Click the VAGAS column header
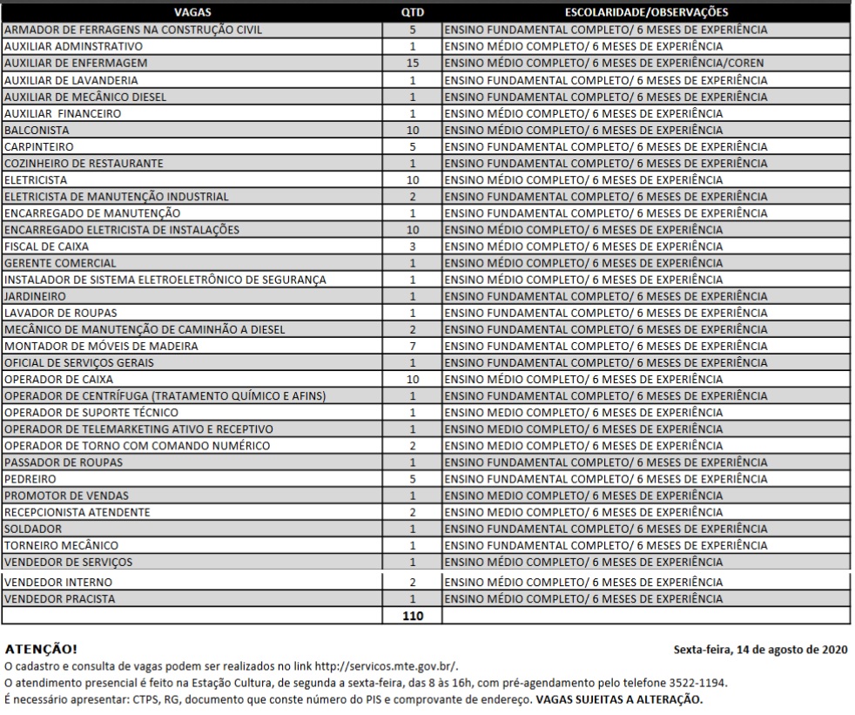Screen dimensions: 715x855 (192, 12)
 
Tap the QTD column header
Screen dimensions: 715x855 (413, 12)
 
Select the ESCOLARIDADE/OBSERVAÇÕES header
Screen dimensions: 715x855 (646, 12)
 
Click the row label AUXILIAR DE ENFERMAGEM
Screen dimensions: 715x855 (76, 63)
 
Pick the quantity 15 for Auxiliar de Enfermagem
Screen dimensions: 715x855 (413, 63)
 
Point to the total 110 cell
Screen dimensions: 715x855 (413, 615)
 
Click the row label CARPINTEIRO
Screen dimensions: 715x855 (38, 146)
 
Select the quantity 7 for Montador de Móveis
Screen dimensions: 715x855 (413, 346)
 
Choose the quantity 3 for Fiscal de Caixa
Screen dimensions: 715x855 (413, 246)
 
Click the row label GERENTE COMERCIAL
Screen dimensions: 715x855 (60, 263)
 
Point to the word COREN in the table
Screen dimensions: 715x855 (747, 63)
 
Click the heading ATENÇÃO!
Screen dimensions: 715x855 (41, 650)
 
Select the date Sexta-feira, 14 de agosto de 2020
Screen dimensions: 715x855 (760, 650)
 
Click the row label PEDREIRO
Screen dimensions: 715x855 (30, 479)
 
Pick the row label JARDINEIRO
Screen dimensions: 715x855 (35, 296)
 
